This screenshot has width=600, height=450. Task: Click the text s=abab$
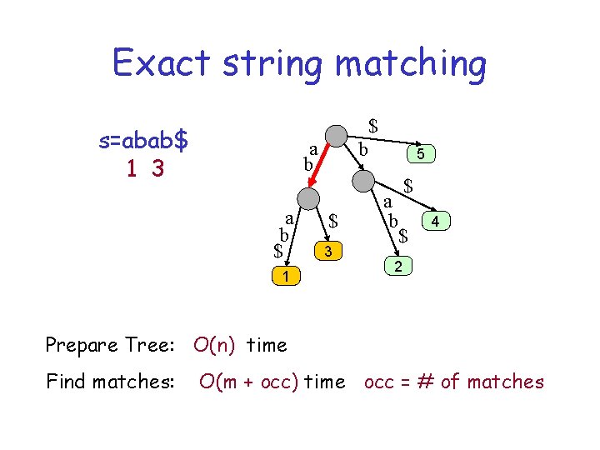click(143, 140)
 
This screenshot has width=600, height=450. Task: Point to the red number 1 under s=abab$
click(132, 168)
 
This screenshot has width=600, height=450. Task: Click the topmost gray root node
click(336, 136)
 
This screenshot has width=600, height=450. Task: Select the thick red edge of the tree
click(322, 167)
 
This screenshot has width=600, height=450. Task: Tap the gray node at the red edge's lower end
click(307, 197)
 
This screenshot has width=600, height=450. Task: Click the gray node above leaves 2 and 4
click(363, 180)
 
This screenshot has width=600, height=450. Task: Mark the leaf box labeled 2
click(399, 267)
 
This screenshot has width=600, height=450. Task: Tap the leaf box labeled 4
click(437, 221)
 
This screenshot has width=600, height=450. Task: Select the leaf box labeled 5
click(421, 154)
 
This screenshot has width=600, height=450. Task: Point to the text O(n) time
click(240, 344)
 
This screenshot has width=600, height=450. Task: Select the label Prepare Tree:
click(113, 344)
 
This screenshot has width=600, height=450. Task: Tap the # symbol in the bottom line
click(427, 382)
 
